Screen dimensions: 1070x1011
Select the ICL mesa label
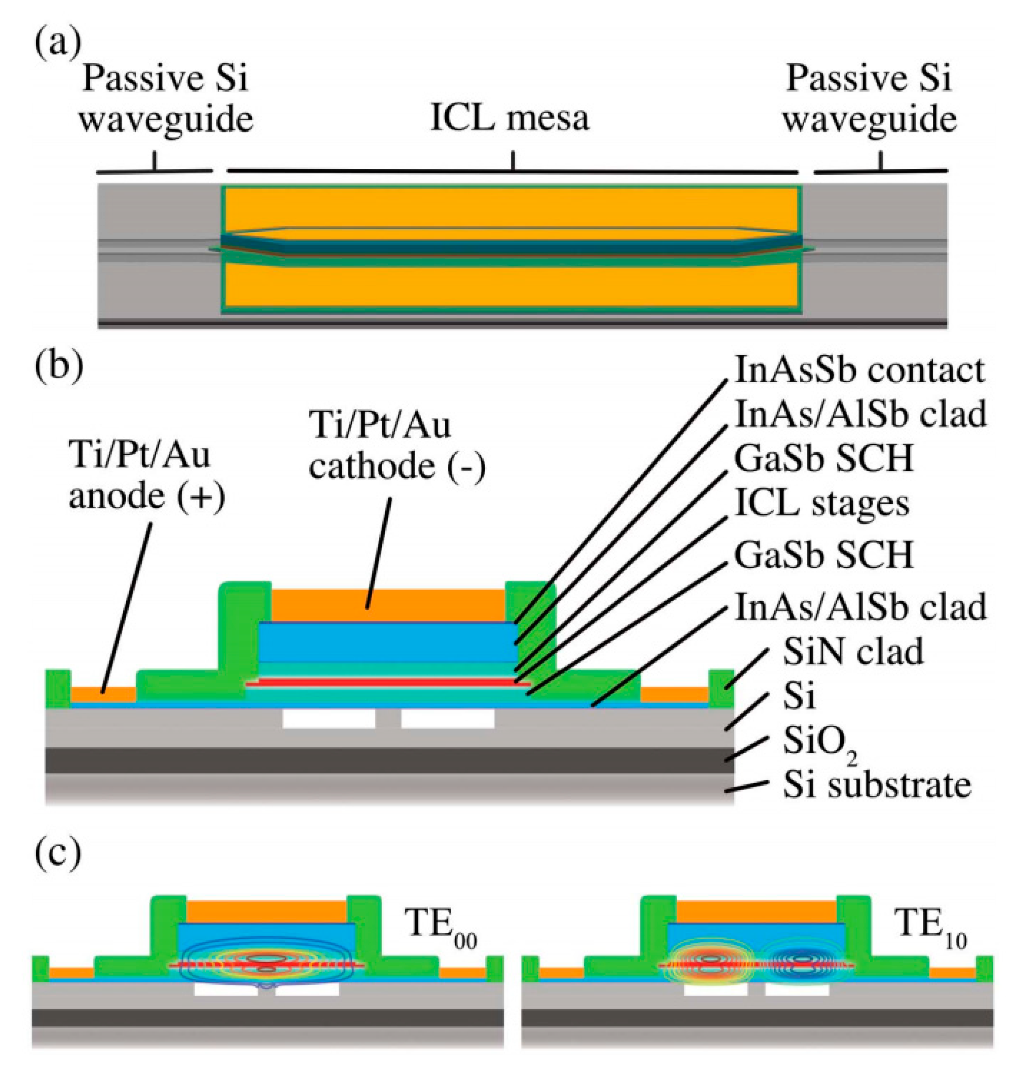pyautogui.click(x=509, y=119)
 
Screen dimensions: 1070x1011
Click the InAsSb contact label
pyautogui.click(x=860, y=371)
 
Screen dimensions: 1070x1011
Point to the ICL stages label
pyautogui.click(x=822, y=504)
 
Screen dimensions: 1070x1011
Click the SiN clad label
pyautogui.click(x=853, y=652)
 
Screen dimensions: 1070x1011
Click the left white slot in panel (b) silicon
pyautogui.click(x=329, y=719)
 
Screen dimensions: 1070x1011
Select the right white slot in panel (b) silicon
pyautogui.click(x=447, y=719)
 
